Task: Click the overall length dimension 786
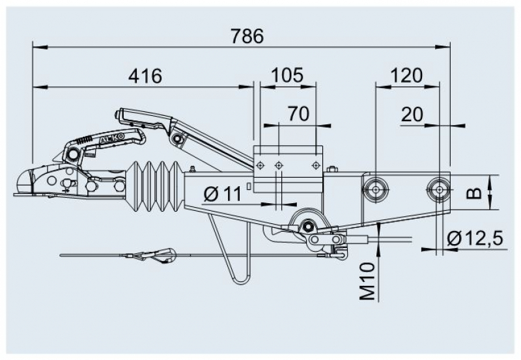tap(247, 36)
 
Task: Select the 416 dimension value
tap(145, 76)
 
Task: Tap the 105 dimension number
tap(287, 75)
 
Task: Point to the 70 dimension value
tap(298, 113)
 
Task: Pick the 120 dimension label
tap(406, 76)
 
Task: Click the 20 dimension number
tap(412, 115)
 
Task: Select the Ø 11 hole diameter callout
tap(223, 193)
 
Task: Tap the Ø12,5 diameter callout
tap(475, 238)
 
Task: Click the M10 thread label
tap(368, 281)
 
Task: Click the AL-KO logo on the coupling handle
tap(113, 139)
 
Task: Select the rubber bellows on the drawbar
tap(154, 186)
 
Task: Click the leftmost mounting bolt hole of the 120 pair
tap(376, 189)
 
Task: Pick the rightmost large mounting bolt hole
tap(439, 189)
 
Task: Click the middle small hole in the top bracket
tap(279, 165)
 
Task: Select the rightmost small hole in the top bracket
tap(316, 165)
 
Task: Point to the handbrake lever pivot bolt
tap(178, 137)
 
